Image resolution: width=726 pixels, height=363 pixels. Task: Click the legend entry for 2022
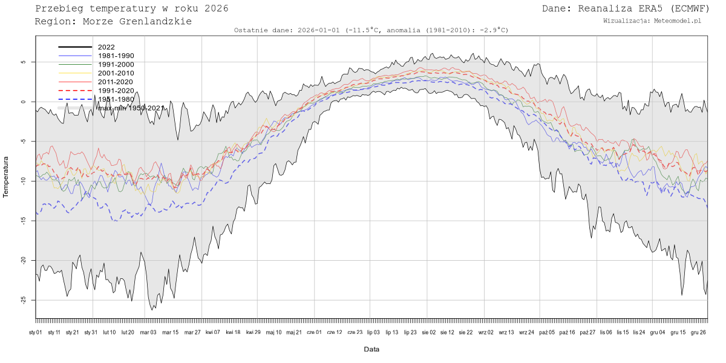(x=106, y=47)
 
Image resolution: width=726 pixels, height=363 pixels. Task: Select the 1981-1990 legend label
(x=116, y=56)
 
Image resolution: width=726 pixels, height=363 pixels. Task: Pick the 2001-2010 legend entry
(x=116, y=73)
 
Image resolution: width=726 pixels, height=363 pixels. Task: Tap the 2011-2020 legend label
(x=116, y=82)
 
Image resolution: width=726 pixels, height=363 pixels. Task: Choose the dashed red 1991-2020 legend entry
(x=116, y=91)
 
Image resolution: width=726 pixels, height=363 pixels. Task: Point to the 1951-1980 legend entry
(x=116, y=99)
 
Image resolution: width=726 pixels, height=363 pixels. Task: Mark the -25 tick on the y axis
(x=23, y=300)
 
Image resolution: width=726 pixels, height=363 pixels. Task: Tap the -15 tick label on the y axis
(x=23, y=221)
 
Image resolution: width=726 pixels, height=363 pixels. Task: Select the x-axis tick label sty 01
(x=36, y=332)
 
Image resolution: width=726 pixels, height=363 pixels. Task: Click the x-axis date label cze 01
(x=315, y=332)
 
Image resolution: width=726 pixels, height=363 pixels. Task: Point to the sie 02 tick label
(x=428, y=332)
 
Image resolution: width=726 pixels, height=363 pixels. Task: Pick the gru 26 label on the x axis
(x=699, y=332)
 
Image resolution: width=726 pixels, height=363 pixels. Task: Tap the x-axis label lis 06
(x=605, y=332)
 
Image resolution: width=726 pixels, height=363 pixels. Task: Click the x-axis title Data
(x=371, y=349)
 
